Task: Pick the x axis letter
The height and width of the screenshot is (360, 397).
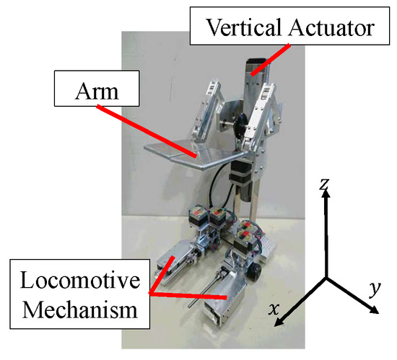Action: [x=274, y=309]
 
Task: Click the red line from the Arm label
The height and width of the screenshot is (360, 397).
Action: [x=148, y=132]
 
